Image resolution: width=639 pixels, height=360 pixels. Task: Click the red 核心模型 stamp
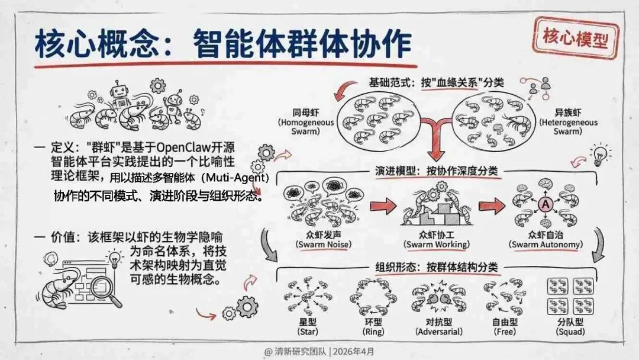576,37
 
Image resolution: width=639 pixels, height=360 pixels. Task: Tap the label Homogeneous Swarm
306,127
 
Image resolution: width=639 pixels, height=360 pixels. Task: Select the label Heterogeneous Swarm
568,127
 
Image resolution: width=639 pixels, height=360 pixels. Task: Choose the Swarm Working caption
436,244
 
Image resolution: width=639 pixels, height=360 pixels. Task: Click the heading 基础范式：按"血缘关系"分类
437,82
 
